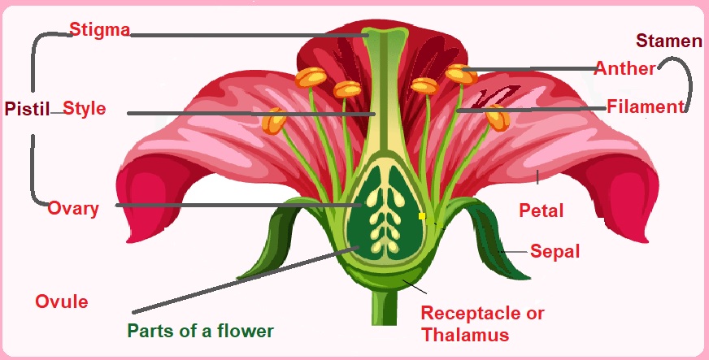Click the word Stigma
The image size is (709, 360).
(x=100, y=31)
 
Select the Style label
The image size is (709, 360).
(x=85, y=108)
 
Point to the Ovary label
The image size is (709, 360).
(x=73, y=208)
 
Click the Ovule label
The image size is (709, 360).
(x=61, y=302)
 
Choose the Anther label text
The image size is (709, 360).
(x=624, y=68)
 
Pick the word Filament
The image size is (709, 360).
(x=646, y=106)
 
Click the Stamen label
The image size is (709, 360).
(x=668, y=41)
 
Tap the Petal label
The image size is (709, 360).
(x=541, y=211)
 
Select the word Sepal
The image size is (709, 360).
(x=555, y=251)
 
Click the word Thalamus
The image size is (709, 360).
(x=464, y=334)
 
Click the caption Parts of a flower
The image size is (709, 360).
(x=200, y=331)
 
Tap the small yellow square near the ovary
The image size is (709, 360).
(x=422, y=216)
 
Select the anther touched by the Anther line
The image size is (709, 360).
(x=461, y=74)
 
